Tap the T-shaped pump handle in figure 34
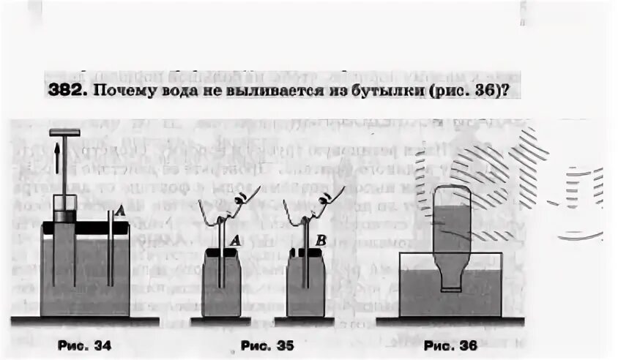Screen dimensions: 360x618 [64, 133]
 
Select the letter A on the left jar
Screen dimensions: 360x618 [235, 239]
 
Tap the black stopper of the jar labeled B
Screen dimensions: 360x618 [306, 252]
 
